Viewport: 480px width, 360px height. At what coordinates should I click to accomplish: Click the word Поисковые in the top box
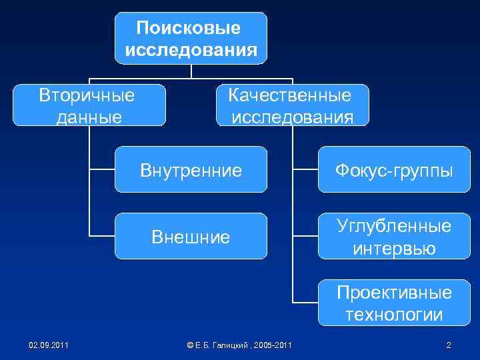pos(189,28)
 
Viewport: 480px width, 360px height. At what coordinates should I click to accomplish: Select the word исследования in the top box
pos(191,50)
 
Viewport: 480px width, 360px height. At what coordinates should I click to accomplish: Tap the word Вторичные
pos(87,95)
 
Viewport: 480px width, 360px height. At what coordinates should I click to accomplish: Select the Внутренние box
pos(191,171)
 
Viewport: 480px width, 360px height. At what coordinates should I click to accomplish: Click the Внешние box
pos(191,236)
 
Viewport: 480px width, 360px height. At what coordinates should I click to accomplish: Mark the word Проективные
pos(394,293)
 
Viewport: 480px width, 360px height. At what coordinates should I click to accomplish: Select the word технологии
pos(394,315)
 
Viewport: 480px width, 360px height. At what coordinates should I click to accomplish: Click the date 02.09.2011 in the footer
pos(47,345)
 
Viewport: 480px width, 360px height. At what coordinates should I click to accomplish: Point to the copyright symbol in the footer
pos(191,345)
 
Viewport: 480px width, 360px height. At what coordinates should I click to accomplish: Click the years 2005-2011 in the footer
pos(274,345)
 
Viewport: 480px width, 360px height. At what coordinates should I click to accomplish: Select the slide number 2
pos(449,345)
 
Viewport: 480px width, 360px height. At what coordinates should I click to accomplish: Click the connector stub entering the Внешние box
pos(103,236)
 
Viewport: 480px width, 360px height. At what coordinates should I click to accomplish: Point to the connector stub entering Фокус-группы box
pos(305,171)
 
